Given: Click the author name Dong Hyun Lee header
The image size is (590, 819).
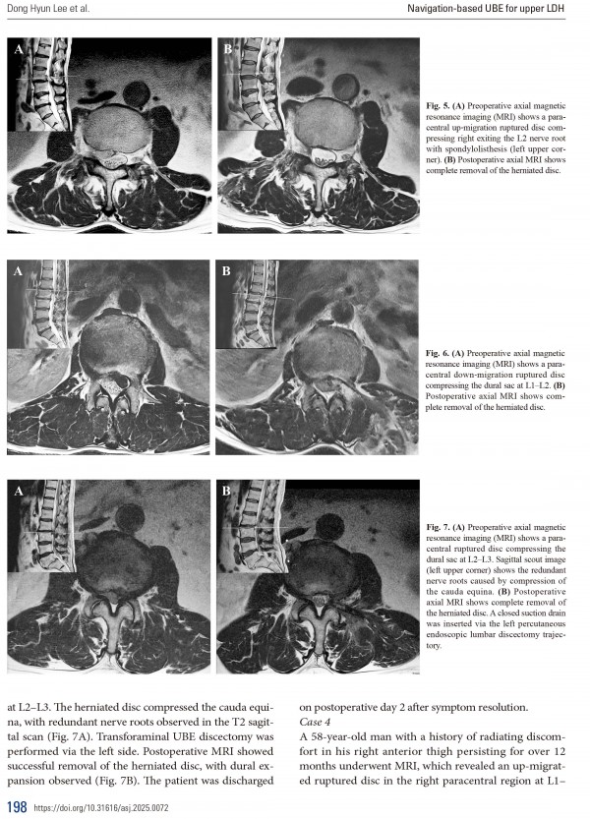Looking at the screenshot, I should pyautogui.click(x=46, y=10).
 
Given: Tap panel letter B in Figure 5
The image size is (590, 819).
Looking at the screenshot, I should pyautogui.click(x=228, y=48).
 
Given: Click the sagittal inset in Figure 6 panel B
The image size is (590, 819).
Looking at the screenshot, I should pyautogui.click(x=252, y=305).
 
